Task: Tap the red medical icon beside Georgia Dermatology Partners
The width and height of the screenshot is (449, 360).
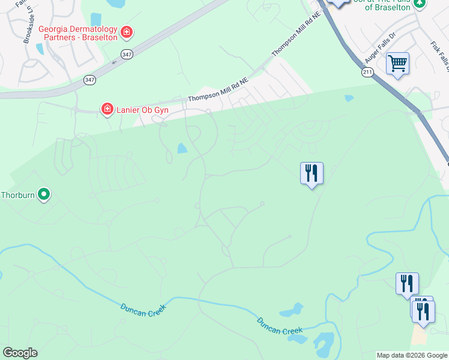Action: (x=126, y=31)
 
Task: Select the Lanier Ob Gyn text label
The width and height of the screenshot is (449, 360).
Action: (x=143, y=110)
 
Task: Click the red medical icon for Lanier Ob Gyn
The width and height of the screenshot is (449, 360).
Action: (x=107, y=109)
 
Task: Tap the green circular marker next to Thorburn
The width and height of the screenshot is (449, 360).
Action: (x=43, y=194)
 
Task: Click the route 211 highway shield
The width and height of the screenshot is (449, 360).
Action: (x=367, y=72)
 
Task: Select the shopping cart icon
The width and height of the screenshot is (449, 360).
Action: (x=397, y=62)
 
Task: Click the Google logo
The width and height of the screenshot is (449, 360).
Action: (x=20, y=353)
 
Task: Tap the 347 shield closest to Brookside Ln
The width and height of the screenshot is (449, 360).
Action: (x=89, y=80)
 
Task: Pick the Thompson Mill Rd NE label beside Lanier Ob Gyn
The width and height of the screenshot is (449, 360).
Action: (x=217, y=89)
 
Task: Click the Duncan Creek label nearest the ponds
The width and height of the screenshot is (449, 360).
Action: (x=280, y=326)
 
